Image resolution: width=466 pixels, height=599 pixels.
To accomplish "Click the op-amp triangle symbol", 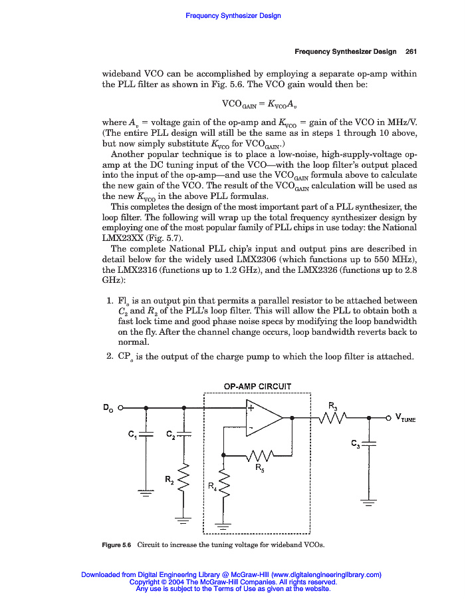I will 263,418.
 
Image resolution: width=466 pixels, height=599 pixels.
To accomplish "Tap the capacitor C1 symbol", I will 146,434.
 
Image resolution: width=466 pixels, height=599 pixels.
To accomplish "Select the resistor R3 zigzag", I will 332,418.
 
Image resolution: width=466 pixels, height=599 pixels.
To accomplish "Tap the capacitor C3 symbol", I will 369,443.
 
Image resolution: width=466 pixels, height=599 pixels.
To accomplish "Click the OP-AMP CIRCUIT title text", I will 257,386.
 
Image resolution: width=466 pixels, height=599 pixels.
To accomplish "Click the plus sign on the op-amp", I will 251,409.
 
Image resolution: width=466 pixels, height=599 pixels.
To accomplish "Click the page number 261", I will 410,51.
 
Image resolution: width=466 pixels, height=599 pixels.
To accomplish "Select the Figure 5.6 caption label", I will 116,546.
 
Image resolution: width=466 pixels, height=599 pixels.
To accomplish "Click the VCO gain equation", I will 259,104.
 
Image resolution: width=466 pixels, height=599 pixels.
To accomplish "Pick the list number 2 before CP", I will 110,356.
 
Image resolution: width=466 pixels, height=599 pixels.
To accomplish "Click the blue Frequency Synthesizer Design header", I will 233,15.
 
